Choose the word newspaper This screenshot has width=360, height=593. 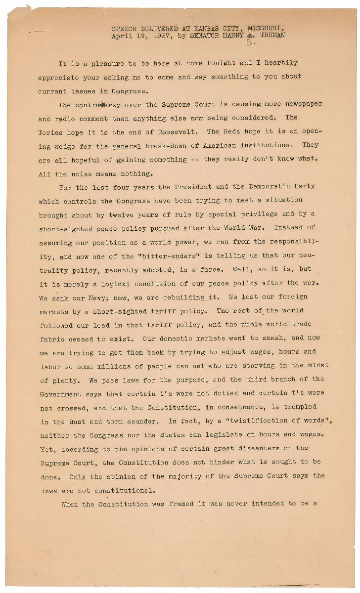click(301, 105)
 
